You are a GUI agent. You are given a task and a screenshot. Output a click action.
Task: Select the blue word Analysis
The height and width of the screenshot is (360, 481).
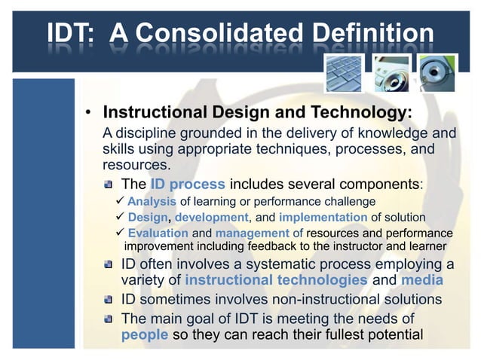pos(152,201)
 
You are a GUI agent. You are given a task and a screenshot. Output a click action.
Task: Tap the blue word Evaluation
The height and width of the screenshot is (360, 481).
pos(158,233)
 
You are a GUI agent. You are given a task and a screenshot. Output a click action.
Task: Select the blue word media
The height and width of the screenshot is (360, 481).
pos(423,280)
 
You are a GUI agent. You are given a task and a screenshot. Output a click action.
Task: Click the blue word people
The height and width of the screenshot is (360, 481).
pos(145,334)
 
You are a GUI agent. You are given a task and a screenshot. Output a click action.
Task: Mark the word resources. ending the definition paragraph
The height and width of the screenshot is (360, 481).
pos(136,164)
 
